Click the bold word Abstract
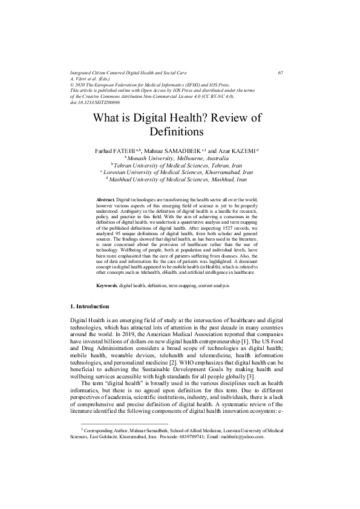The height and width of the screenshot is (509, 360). click(x=105, y=199)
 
